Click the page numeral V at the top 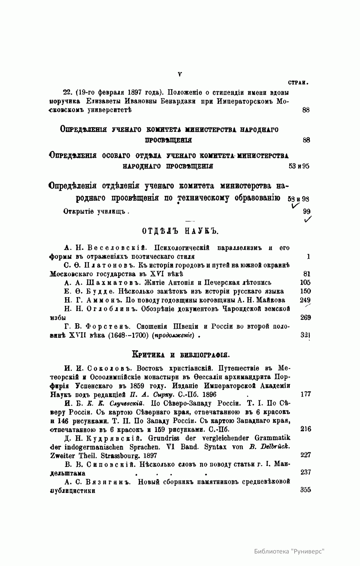(x=180, y=74)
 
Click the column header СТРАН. (x=299, y=82)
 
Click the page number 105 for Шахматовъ (x=305, y=283)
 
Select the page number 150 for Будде (x=305, y=291)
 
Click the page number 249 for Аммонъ (x=305, y=300)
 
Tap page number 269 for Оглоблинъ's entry (x=305, y=317)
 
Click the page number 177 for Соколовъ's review (x=305, y=394)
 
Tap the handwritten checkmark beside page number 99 (x=307, y=220)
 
